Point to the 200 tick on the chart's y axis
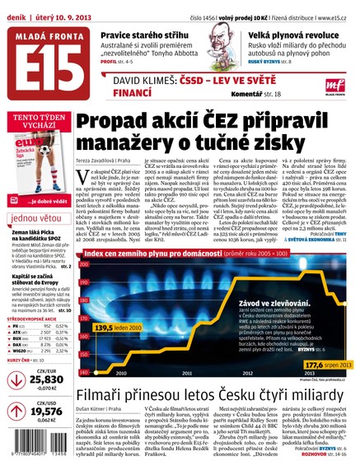pyautogui.click(x=82, y=284)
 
